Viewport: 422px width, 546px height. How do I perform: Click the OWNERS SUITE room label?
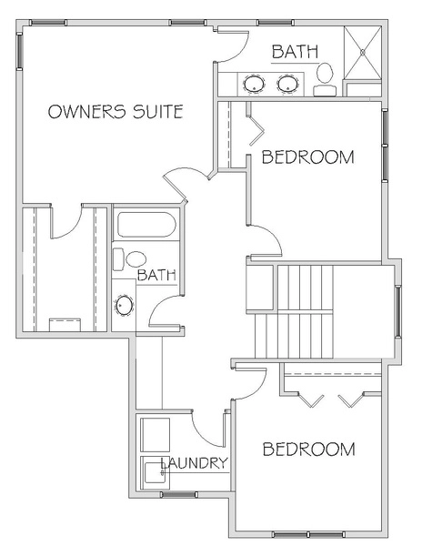(x=116, y=111)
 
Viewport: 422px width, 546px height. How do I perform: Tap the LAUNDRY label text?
(x=194, y=463)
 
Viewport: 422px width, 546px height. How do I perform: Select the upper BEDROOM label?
(x=308, y=157)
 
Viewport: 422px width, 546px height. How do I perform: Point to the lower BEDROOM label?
(x=308, y=450)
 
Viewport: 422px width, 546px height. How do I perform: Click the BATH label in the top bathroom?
(x=295, y=52)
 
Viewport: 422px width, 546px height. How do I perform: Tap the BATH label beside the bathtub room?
(x=156, y=275)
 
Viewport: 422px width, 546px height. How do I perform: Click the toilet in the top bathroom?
(x=325, y=80)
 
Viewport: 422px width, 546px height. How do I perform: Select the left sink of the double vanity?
(x=254, y=84)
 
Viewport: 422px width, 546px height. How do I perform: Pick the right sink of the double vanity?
(x=287, y=84)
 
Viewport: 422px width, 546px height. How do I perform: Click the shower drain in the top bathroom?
(x=363, y=52)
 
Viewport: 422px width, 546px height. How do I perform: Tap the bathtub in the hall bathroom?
(x=146, y=225)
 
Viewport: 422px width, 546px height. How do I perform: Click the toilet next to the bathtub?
(x=129, y=259)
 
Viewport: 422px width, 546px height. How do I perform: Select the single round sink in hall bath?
(x=125, y=306)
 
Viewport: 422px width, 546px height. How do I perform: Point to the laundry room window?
(x=179, y=494)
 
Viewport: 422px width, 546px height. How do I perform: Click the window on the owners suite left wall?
(x=20, y=51)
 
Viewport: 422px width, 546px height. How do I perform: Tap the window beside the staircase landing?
(x=397, y=311)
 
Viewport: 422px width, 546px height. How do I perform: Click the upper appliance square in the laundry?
(x=156, y=435)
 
